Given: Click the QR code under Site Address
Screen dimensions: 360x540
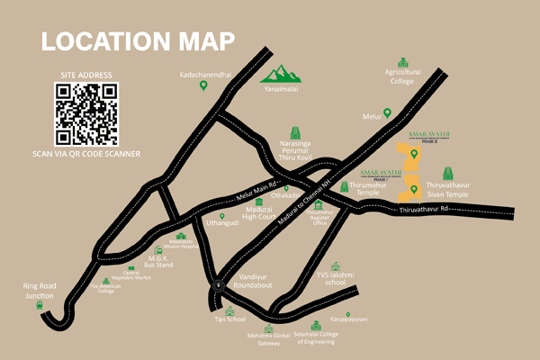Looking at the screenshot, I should [x=86, y=113].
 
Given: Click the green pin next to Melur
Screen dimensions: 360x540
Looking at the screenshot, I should [x=388, y=113].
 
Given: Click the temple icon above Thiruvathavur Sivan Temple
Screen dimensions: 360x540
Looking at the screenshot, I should [x=450, y=172].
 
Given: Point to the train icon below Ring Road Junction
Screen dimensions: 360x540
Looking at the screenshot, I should [x=40, y=304].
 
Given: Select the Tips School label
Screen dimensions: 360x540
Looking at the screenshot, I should [x=237, y=319].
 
